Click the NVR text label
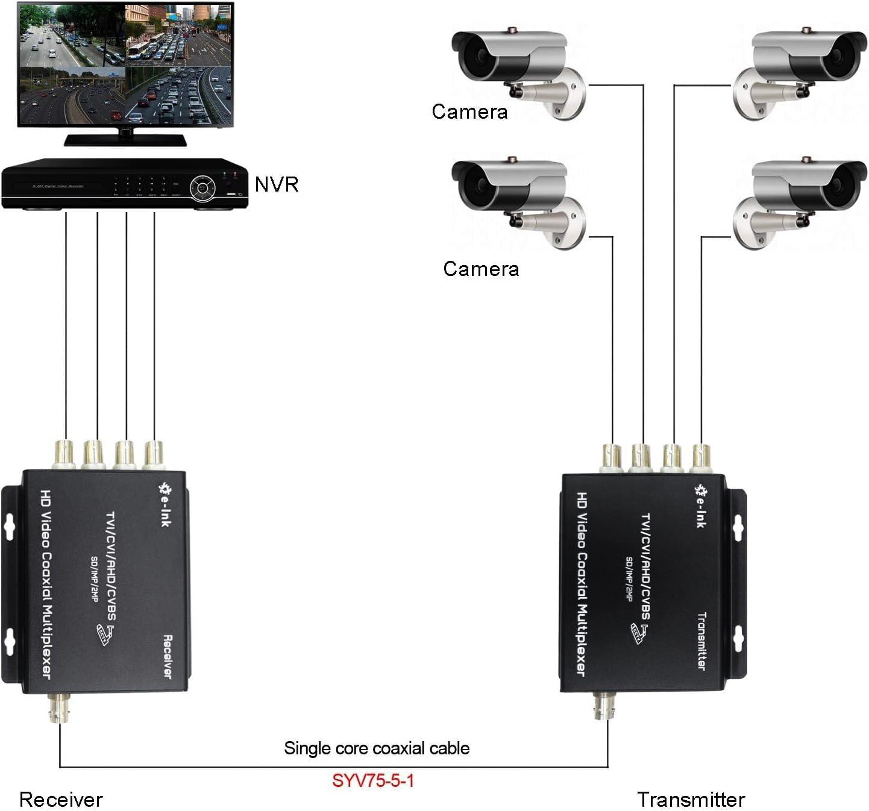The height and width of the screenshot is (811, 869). point(276,184)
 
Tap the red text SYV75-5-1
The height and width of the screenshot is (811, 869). point(373,780)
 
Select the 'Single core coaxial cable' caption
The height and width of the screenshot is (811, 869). point(377,748)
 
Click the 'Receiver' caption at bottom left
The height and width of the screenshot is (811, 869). point(61,800)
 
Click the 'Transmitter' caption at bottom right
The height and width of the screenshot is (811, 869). point(691,800)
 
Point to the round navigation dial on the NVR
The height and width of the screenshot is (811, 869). point(202,187)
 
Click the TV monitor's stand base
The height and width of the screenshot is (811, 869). point(125,140)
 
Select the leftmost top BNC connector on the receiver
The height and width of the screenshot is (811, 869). point(65,455)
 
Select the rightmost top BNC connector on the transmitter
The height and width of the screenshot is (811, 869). point(701,458)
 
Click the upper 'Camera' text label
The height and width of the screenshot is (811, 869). point(469,112)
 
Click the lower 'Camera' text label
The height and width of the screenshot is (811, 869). point(481,269)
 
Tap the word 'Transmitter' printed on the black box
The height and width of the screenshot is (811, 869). point(701,640)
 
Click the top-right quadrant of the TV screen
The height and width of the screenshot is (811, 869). point(178,34)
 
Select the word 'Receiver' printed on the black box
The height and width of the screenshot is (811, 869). point(168,657)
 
